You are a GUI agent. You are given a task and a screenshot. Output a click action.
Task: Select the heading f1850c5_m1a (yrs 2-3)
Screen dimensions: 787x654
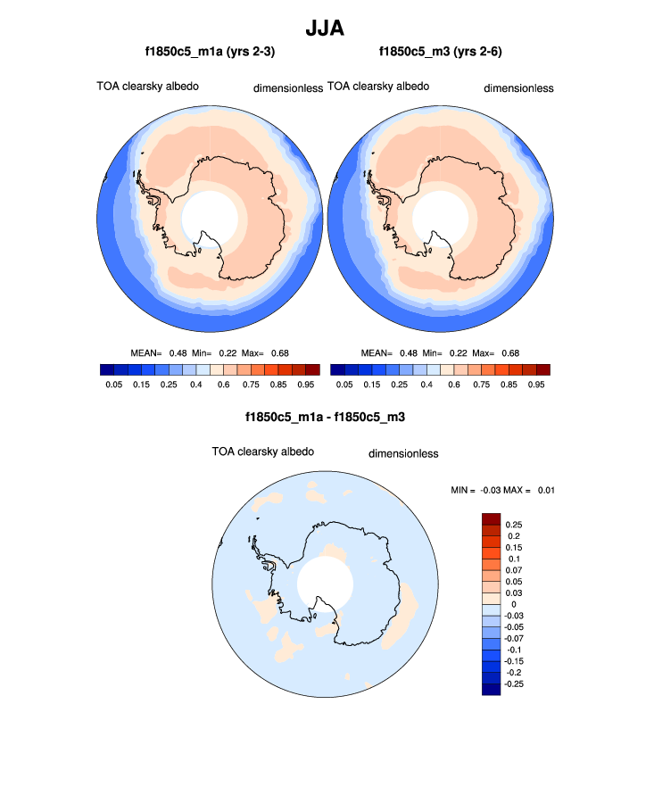coord(210,53)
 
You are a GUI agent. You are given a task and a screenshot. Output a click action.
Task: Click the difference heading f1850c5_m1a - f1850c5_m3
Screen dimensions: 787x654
coord(326,417)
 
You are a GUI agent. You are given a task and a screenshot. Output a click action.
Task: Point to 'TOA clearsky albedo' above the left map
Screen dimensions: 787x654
coord(147,87)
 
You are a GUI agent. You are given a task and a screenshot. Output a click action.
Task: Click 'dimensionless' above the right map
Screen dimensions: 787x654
coord(518,88)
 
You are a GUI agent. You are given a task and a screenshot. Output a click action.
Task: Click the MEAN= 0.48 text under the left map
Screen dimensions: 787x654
coord(161,353)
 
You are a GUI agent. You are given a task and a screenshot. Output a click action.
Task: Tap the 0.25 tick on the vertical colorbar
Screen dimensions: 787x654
coord(514,525)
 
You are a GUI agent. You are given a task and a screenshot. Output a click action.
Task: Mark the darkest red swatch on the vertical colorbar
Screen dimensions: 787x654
coord(490,519)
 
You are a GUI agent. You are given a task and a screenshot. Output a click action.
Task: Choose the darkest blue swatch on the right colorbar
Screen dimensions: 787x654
coord(337,369)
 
